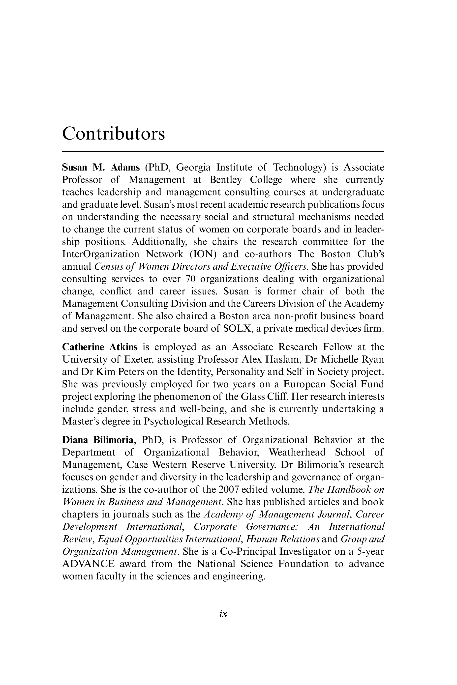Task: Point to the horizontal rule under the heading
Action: coord(223,151)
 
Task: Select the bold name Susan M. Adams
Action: coord(101,168)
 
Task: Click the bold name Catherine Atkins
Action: coord(100,347)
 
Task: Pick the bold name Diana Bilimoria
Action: coord(98,440)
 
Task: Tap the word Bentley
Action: coord(226,180)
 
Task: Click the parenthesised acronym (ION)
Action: coord(203,254)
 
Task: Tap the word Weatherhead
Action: coord(297,452)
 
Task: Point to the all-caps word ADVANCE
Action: coord(88,564)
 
